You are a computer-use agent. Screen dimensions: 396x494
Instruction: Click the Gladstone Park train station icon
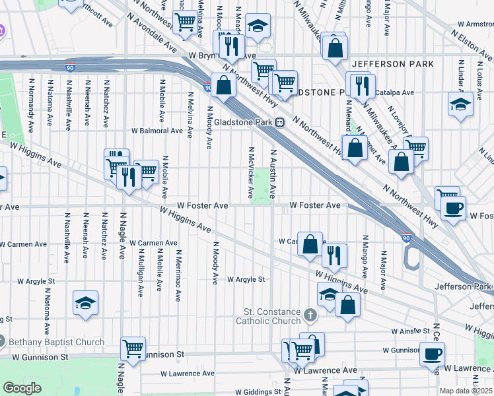point(280,121)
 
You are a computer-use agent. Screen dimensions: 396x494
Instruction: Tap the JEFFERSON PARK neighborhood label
point(393,64)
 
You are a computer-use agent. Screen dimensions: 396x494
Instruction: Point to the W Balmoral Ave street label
point(157,131)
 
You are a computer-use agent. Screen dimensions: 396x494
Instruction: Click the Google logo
point(22,388)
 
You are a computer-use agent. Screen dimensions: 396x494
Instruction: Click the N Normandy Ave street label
point(30,104)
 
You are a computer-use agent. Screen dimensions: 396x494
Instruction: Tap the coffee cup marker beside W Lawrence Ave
point(432,354)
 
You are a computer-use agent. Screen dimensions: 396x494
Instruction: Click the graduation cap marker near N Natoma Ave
point(85,303)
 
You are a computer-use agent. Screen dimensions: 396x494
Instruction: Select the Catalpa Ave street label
point(394,93)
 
